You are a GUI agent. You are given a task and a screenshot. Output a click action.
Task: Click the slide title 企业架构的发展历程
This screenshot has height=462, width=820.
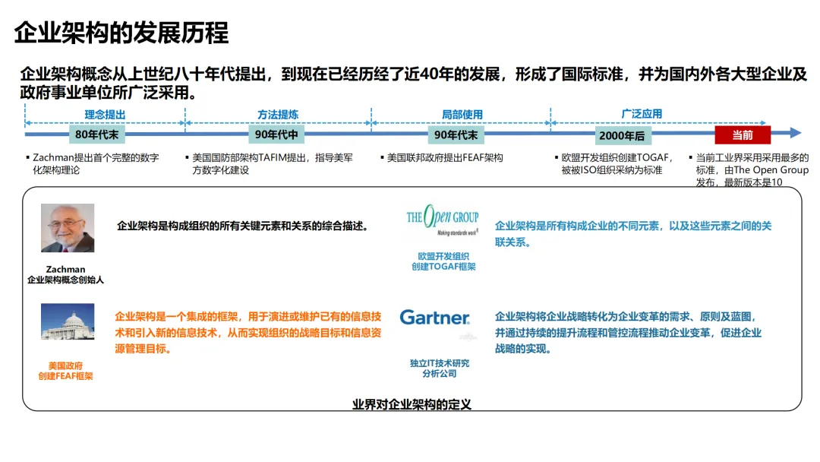[x=121, y=33]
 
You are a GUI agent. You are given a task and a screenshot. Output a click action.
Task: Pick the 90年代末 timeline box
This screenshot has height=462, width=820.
[x=456, y=135]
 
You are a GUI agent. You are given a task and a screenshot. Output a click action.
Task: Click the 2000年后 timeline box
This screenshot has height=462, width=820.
[x=622, y=136]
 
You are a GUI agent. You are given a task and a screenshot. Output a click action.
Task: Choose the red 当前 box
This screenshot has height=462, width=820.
[x=742, y=135]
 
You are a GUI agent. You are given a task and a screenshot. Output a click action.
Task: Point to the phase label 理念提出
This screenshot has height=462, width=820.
[x=105, y=115]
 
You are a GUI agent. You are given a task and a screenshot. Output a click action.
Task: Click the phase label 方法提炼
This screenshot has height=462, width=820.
[x=278, y=115]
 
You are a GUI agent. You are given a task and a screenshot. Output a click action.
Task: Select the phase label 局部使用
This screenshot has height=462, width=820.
[x=462, y=115]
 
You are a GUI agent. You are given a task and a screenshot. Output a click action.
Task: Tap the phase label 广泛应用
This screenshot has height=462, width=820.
[x=642, y=114]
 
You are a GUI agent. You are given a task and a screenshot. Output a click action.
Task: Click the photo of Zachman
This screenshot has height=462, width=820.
[x=68, y=228]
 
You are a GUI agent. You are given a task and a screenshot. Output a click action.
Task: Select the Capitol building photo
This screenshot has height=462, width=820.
[x=68, y=321]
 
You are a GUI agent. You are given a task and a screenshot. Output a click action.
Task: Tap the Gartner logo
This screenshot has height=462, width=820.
[x=435, y=318]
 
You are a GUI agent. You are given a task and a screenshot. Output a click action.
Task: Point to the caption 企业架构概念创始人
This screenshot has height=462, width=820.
[x=65, y=280]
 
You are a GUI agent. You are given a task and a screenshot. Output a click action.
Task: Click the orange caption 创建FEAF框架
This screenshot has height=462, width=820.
[x=65, y=376]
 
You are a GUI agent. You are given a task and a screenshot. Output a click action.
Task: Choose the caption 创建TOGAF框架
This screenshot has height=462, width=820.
[x=443, y=267]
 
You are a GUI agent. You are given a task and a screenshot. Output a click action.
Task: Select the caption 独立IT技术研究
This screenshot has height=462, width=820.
[x=440, y=363]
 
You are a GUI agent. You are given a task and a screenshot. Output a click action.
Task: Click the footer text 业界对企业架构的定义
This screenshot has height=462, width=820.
[x=412, y=404]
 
